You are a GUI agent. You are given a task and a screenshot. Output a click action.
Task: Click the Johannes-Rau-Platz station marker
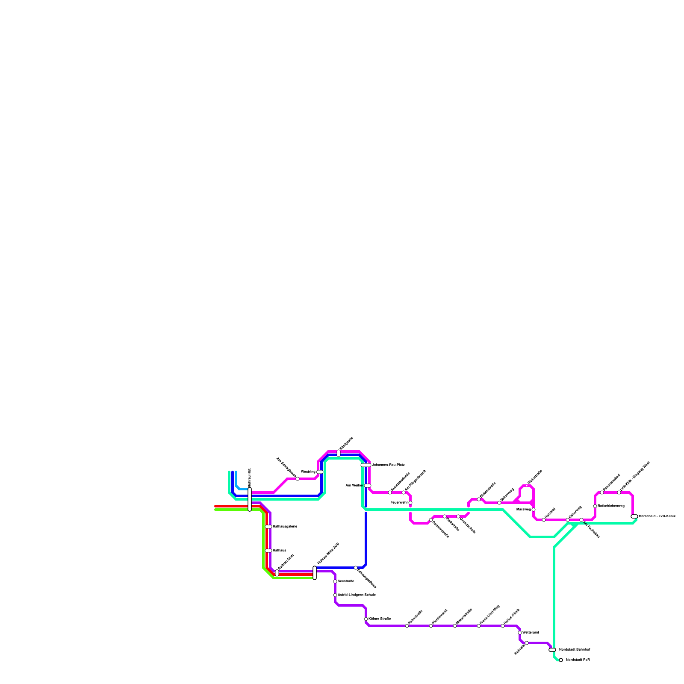point(366,465)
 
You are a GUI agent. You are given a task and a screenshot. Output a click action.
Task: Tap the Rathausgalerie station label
point(285,526)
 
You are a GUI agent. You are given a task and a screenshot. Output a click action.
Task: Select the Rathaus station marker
point(268,551)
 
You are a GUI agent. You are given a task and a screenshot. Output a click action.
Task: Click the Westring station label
point(308,472)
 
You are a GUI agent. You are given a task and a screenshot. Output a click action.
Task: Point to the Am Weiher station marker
point(368,486)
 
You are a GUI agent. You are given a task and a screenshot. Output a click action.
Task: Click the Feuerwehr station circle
point(410,503)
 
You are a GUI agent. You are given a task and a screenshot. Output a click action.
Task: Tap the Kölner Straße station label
point(380,619)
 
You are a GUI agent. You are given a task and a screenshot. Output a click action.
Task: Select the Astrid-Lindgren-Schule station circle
point(335,595)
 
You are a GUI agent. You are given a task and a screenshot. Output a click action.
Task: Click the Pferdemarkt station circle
point(431,626)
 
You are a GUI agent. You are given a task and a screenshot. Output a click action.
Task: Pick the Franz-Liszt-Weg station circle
point(479,626)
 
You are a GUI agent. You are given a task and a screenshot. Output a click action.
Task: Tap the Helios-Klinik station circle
point(503,626)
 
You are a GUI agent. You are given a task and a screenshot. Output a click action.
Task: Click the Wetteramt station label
point(531,632)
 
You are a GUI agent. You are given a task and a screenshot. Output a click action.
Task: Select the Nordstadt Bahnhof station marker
point(552,650)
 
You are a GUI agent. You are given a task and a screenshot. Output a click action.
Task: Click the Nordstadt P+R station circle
point(561,660)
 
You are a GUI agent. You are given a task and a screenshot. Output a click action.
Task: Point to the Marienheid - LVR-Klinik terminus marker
point(634,516)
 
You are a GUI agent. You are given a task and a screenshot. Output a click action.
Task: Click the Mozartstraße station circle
point(455,626)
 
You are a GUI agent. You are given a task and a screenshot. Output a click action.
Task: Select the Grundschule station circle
point(458,516)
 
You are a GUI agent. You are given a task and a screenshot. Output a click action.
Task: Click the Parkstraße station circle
point(445,516)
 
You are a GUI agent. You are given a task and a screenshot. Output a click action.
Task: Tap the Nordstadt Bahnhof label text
point(575,649)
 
